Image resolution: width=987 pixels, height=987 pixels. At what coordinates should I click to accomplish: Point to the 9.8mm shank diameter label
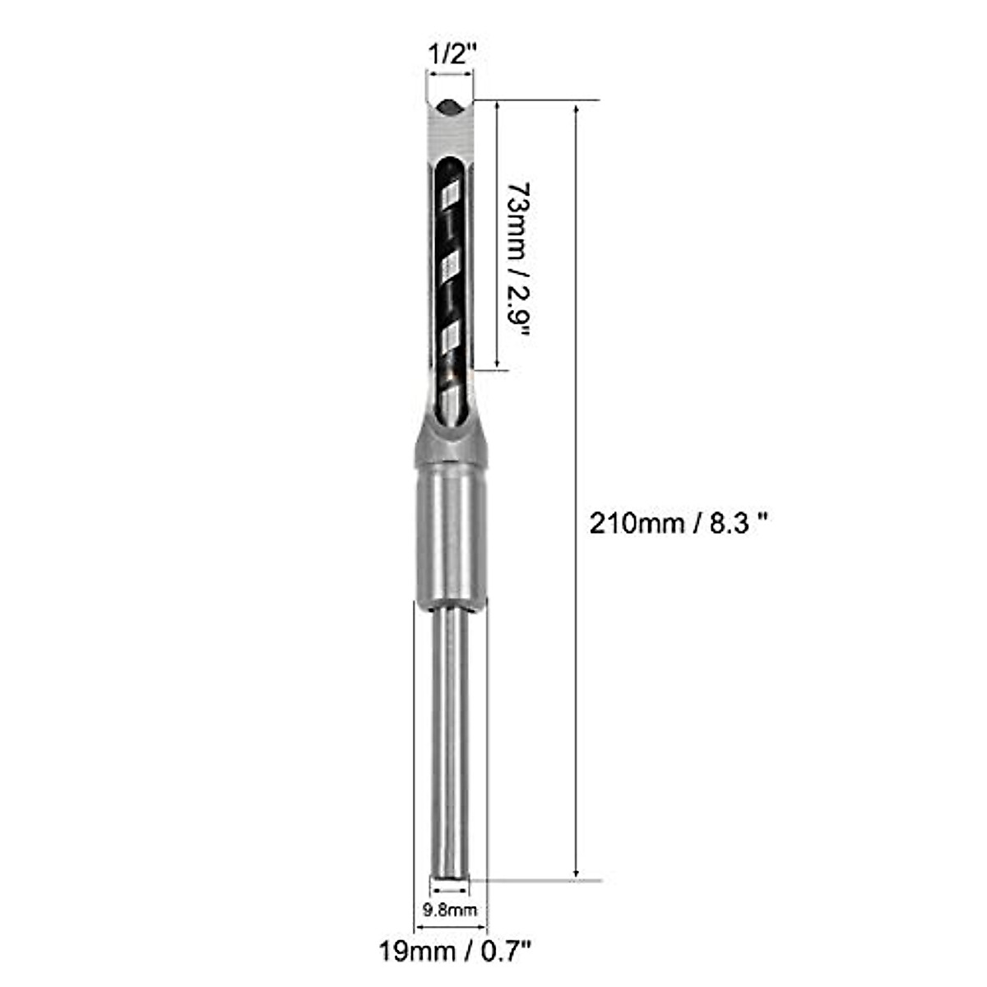pyautogui.click(x=450, y=910)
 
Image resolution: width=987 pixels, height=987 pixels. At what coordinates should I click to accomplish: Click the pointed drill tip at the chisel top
pyautogui.click(x=450, y=104)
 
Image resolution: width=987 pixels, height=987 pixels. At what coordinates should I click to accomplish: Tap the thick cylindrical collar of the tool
pyautogui.click(x=450, y=535)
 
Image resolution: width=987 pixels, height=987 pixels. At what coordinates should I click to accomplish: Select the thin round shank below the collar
pyautogui.click(x=450, y=740)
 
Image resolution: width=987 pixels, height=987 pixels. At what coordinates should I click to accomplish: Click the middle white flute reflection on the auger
pyautogui.click(x=451, y=265)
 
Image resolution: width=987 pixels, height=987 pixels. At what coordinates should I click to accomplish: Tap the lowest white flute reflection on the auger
pyautogui.click(x=451, y=337)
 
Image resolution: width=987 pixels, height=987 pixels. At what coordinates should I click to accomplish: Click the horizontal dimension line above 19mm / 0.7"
pyautogui.click(x=450, y=928)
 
